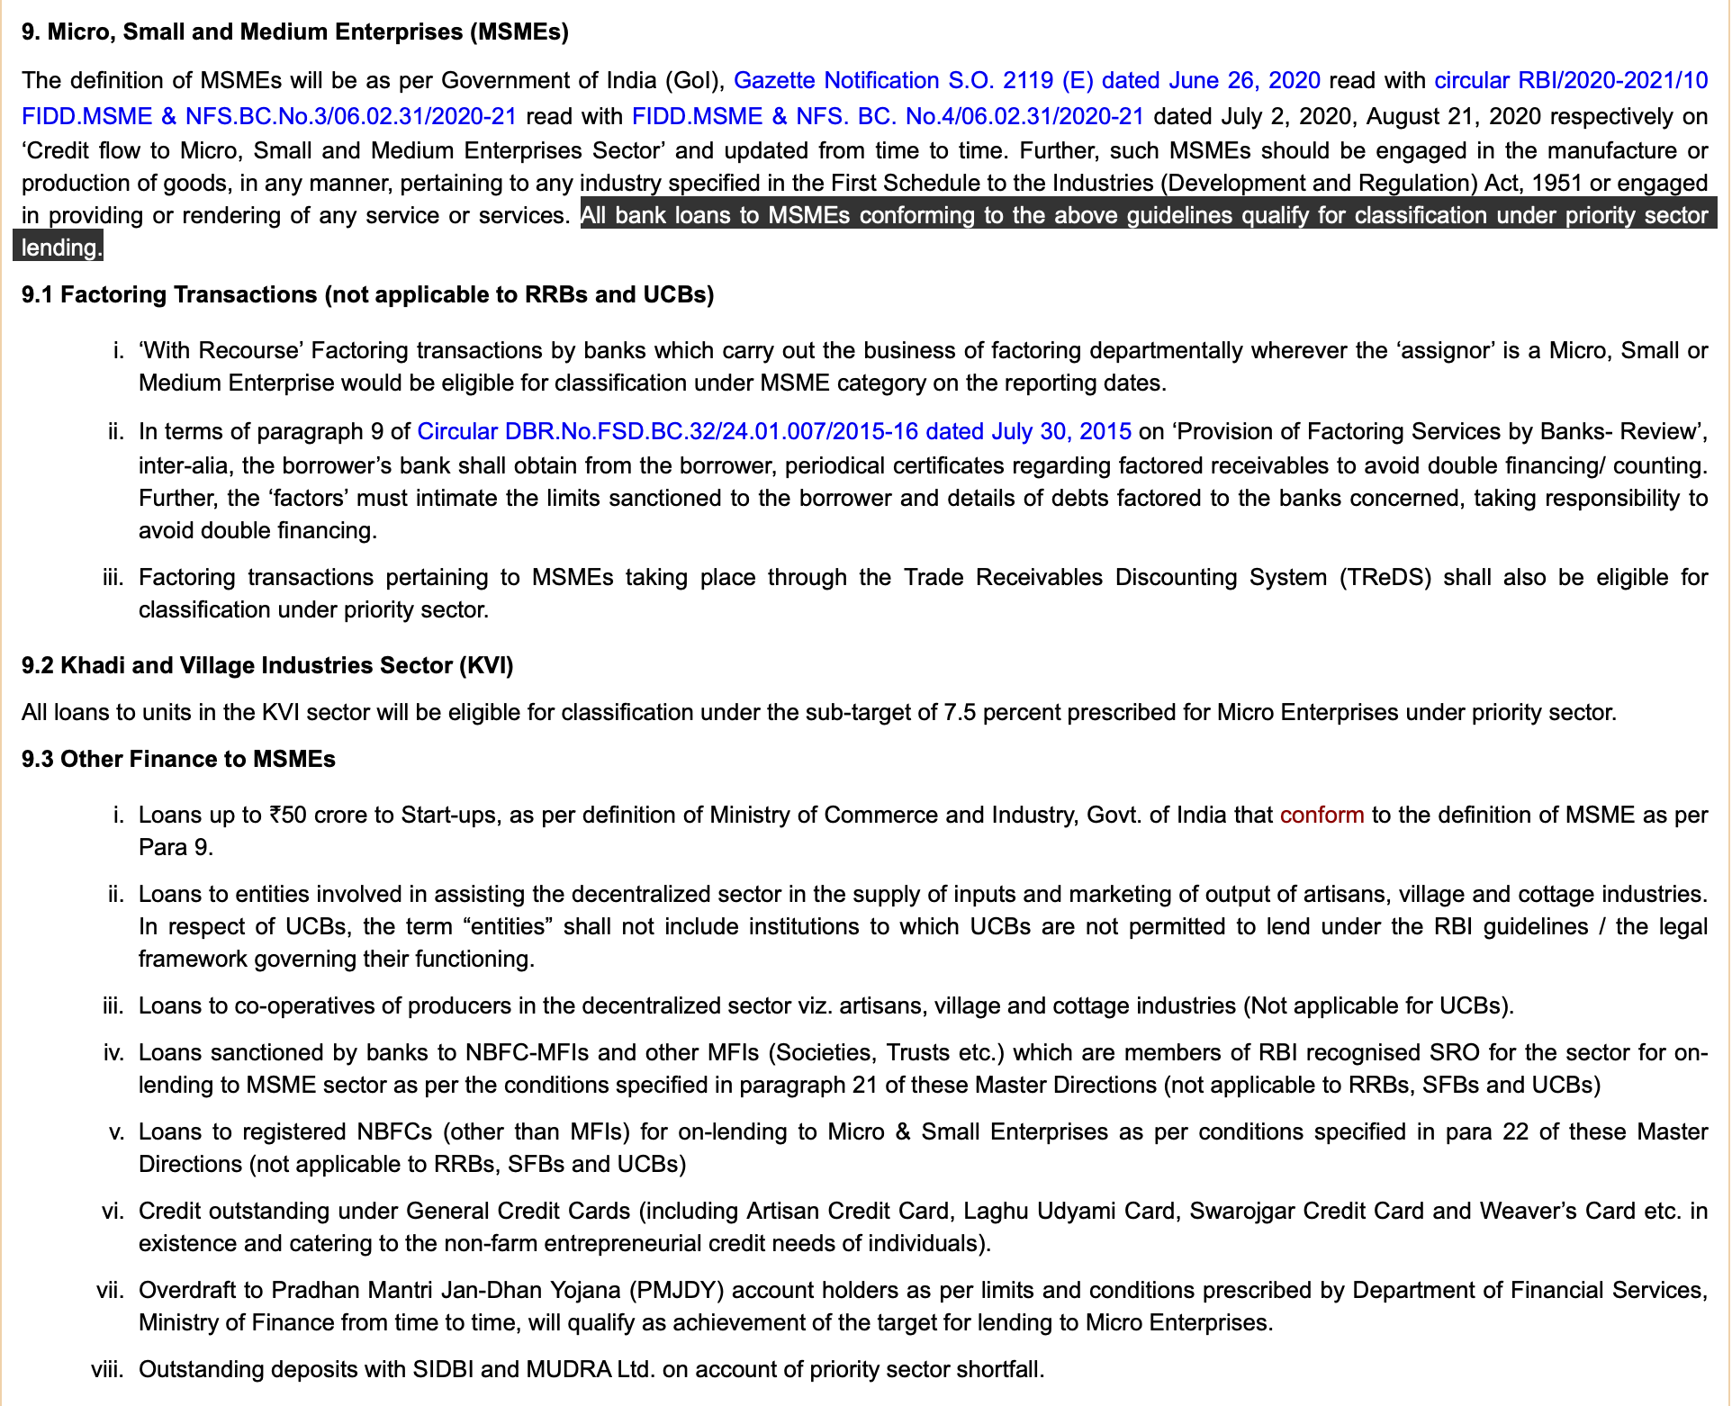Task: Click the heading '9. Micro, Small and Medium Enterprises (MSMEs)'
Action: tap(295, 32)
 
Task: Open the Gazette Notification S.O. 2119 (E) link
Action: tap(1026, 81)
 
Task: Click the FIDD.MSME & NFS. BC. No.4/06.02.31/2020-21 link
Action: tap(888, 116)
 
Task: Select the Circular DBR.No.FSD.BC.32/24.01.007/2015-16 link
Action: tap(774, 432)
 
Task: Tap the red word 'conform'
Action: tap(1322, 816)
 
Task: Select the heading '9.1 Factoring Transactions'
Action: tap(367, 295)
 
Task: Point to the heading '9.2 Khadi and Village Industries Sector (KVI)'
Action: tap(267, 666)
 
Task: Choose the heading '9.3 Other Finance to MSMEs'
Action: tap(178, 760)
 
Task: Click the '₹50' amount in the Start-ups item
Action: tap(287, 816)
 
